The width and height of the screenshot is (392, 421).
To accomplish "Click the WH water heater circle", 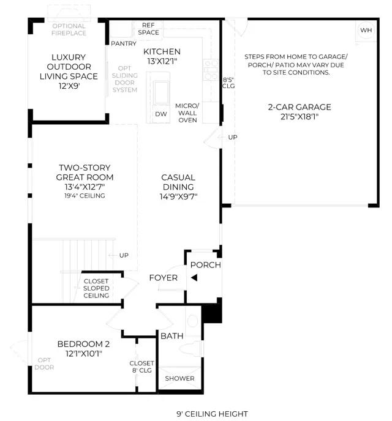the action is tap(366, 30).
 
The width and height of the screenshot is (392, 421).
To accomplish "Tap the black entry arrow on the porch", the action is tap(194, 278).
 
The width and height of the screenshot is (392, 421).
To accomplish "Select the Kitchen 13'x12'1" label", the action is tap(162, 56).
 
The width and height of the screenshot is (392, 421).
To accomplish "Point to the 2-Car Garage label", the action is tap(300, 112).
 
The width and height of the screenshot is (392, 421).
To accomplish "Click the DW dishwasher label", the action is tap(161, 114).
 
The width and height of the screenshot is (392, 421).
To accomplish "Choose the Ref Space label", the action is tap(149, 29).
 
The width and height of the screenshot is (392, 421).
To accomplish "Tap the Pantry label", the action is tap(124, 43).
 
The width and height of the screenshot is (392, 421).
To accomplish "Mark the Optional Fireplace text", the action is tap(69, 29).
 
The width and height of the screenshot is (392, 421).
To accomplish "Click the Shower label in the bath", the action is tap(179, 378).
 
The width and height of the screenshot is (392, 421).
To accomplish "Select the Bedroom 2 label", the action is tap(83, 349).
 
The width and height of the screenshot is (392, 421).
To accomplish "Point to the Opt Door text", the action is tap(44, 363).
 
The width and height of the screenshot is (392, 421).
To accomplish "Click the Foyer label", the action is tap(164, 278).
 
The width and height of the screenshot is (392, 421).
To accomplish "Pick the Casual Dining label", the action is tap(178, 187).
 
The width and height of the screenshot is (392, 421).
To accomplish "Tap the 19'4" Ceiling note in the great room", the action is tap(85, 196).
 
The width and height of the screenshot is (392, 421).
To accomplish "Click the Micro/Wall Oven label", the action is tap(187, 113).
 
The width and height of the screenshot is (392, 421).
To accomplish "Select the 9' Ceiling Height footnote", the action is tap(212, 414).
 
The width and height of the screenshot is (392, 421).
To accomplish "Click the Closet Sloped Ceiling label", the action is tap(96, 288).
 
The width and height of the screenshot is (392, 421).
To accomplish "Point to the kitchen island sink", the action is tap(161, 92).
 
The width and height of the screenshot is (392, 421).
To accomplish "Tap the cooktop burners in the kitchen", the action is tap(211, 70).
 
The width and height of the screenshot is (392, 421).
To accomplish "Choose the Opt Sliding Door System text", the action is tap(125, 79).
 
